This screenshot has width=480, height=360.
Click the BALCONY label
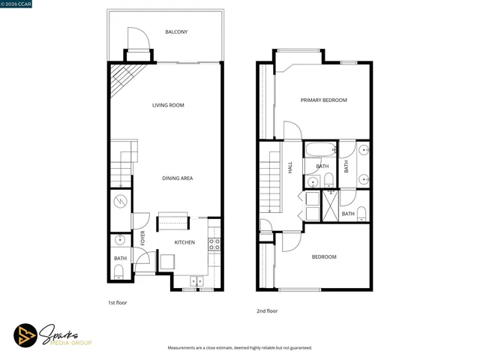click(x=176, y=31)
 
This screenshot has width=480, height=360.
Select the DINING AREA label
click(x=178, y=178)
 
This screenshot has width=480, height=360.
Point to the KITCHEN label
click(x=184, y=242)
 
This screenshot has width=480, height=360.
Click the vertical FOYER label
click(x=143, y=238)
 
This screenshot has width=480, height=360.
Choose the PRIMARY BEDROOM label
click(x=324, y=100)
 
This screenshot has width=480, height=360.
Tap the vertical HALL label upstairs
click(x=290, y=168)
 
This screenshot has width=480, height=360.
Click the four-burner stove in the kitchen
click(x=213, y=244)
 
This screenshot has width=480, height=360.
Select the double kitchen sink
click(x=197, y=281)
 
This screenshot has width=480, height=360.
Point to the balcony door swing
click(x=135, y=37)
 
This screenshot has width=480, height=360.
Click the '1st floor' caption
click(x=118, y=304)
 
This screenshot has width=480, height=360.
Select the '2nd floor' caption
click(x=266, y=310)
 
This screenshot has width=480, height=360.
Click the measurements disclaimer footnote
click(x=239, y=348)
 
